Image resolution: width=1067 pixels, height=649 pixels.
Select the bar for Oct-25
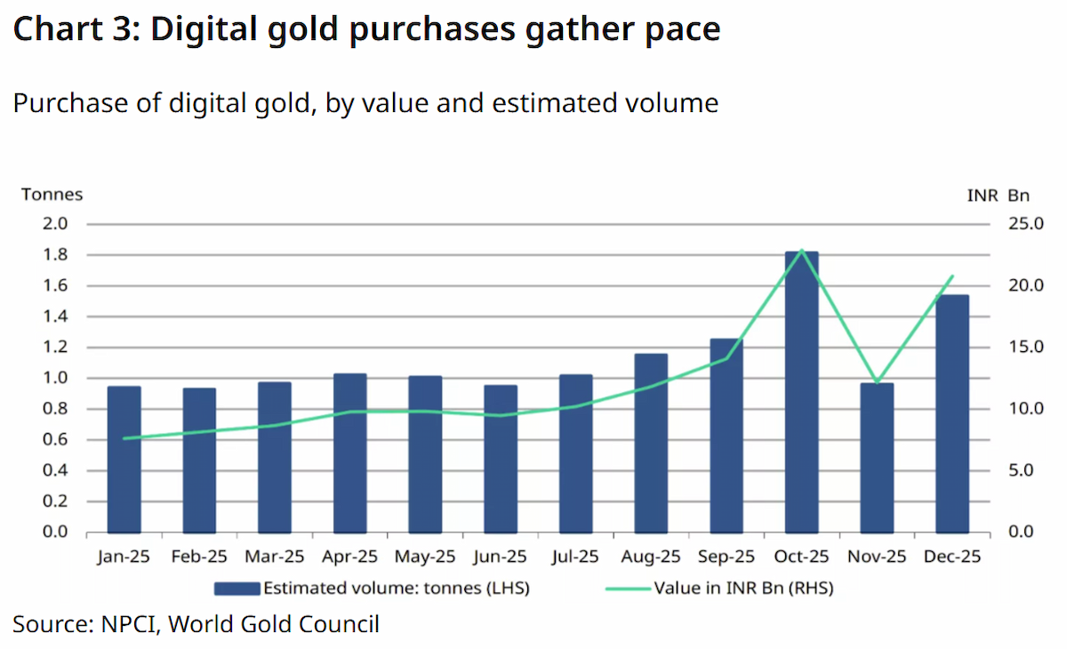click(x=802, y=392)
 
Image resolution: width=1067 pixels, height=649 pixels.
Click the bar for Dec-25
click(x=952, y=413)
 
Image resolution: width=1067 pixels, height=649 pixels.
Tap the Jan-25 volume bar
click(x=124, y=460)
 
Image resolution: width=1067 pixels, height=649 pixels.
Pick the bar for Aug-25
click(x=651, y=444)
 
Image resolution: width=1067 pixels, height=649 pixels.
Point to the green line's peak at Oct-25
click(x=802, y=250)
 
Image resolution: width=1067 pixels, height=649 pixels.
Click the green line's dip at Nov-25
click(x=877, y=382)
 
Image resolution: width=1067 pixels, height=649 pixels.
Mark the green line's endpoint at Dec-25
click(x=952, y=276)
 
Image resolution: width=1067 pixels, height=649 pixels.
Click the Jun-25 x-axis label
click(x=500, y=557)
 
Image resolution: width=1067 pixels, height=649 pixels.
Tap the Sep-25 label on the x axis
click(x=726, y=557)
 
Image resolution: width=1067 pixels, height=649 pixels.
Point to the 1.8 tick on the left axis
click(x=55, y=255)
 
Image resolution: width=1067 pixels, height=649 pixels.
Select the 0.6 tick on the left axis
click(x=55, y=439)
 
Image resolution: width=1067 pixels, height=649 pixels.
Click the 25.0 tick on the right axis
click(x=1025, y=224)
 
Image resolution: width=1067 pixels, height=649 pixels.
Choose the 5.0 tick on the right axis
click(x=1021, y=470)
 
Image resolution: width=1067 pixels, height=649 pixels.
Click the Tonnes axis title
click(x=52, y=195)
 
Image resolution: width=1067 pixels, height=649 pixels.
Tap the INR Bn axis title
click(x=999, y=196)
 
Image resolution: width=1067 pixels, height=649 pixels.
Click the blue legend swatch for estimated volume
click(x=237, y=589)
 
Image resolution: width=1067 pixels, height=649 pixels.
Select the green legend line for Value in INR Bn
click(x=628, y=589)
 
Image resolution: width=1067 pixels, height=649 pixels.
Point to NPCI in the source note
click(x=129, y=624)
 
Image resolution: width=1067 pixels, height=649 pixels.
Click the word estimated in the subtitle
click(x=555, y=103)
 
